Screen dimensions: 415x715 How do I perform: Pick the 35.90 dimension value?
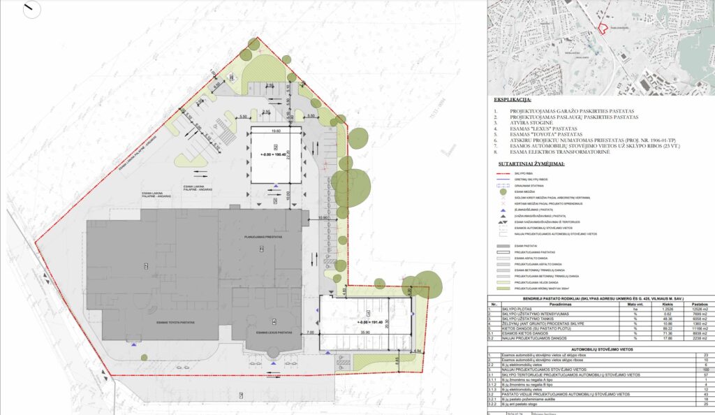[367, 333]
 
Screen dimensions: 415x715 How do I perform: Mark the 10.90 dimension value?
[323, 218]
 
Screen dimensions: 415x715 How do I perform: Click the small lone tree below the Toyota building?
[143, 357]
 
